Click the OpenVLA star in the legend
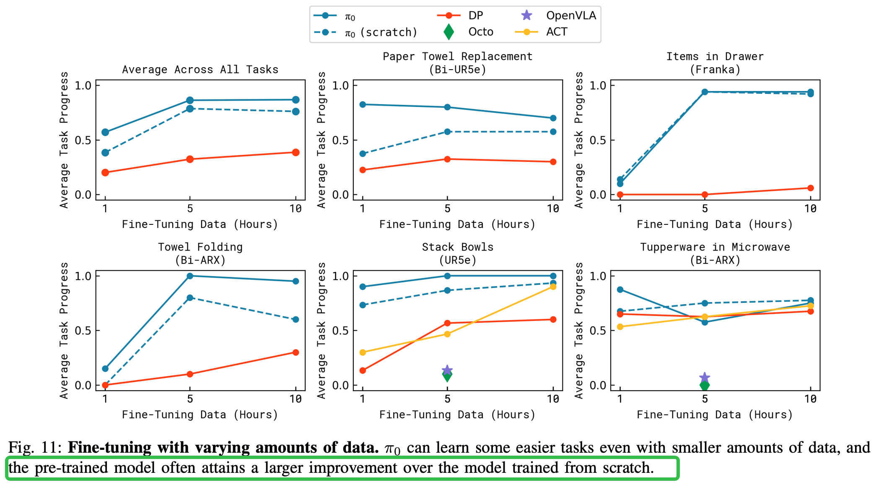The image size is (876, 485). [x=526, y=16]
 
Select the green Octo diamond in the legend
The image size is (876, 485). [x=448, y=32]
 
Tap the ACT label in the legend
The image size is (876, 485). [x=557, y=32]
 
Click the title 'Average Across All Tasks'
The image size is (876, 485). [x=200, y=70]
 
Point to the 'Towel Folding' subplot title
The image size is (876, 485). [x=200, y=247]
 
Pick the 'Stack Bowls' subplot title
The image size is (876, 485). [x=457, y=247]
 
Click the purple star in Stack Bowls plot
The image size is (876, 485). [x=447, y=370]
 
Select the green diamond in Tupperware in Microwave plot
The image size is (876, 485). [x=705, y=385]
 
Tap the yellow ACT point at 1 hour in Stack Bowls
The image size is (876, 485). [x=363, y=352]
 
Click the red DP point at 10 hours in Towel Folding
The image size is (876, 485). [x=295, y=352]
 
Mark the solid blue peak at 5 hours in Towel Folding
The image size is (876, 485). [x=190, y=276]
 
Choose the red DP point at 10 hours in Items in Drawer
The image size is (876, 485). [x=811, y=188]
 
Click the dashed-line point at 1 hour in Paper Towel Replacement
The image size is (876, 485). [x=363, y=154]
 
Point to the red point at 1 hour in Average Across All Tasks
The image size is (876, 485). [x=105, y=172]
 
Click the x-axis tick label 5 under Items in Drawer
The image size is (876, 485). [x=705, y=209]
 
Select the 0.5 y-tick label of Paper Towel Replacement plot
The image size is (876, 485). [x=340, y=140]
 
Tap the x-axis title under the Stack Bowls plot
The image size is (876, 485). [x=457, y=415]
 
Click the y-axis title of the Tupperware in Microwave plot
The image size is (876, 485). [x=579, y=331]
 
